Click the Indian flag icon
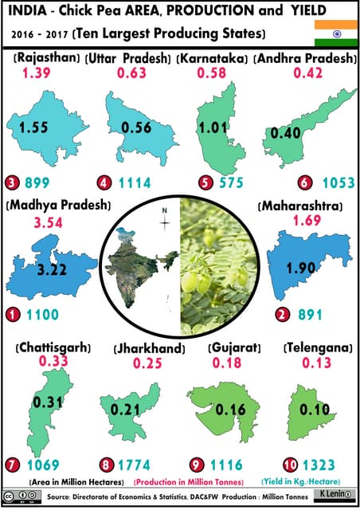329,34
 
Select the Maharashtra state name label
301,206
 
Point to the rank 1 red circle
12,315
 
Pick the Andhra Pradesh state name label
306,59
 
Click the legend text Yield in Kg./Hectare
311,481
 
